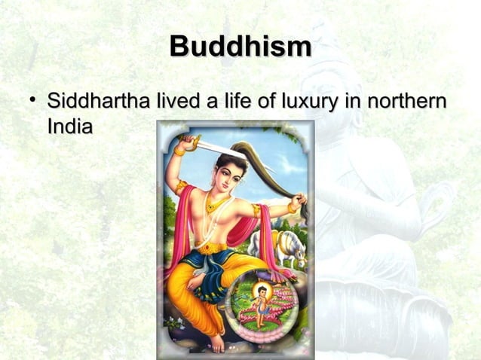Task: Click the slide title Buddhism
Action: [240, 47]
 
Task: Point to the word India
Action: [69, 126]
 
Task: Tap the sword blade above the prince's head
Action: [222, 149]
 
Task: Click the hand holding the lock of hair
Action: [299, 201]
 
